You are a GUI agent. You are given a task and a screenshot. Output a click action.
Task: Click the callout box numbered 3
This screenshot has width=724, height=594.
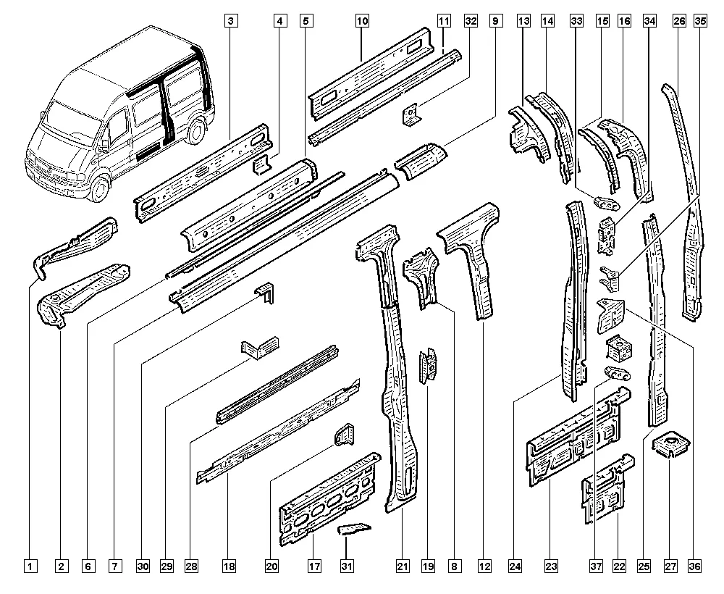[x=229, y=22]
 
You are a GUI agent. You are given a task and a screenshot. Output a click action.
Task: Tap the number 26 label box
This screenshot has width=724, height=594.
[x=678, y=22]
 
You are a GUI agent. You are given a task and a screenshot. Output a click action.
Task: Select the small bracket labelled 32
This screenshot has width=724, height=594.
[x=411, y=114]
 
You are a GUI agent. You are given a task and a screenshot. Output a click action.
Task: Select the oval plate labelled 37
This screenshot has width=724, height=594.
[x=617, y=374]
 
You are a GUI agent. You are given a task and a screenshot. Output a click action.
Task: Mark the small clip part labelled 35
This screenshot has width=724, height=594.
[x=610, y=275]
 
